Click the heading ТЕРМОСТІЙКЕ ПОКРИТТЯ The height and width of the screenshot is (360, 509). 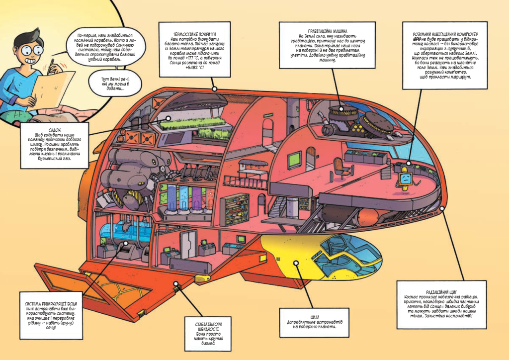(195, 34)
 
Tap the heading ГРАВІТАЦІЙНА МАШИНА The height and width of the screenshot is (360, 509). (328, 31)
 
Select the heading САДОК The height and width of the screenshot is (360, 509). (55, 130)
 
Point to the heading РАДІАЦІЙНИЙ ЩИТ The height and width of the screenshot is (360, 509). (441, 292)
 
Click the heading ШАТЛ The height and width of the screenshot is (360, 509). (315, 317)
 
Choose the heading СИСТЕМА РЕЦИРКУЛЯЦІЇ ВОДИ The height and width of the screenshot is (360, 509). (51, 304)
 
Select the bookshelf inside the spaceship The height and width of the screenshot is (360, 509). (235, 210)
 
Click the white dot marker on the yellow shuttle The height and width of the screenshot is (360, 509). (296, 263)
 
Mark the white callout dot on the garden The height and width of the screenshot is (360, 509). (168, 118)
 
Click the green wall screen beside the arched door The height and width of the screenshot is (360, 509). (294, 160)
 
